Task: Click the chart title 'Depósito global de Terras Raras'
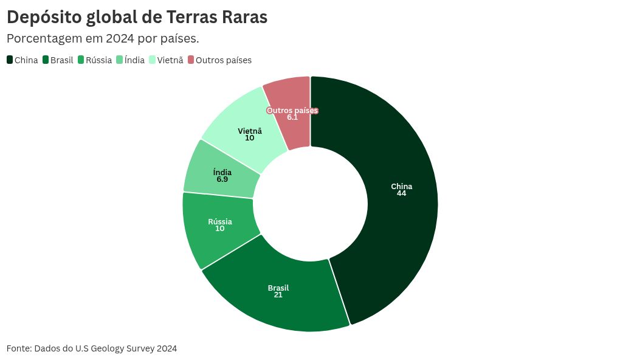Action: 137,18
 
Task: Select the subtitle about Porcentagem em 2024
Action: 103,38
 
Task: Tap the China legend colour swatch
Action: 10,60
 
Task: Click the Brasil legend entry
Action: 58,60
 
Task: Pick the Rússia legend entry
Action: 95,60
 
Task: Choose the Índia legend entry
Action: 130,60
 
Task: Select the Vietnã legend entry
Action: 166,60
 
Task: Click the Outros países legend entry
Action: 219,60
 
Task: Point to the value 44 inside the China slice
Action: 401,193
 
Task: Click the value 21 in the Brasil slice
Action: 278,295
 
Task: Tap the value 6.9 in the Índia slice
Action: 222,179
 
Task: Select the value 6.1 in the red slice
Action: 292,117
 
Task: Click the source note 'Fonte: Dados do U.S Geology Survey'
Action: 92,348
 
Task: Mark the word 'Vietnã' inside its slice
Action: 250,131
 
